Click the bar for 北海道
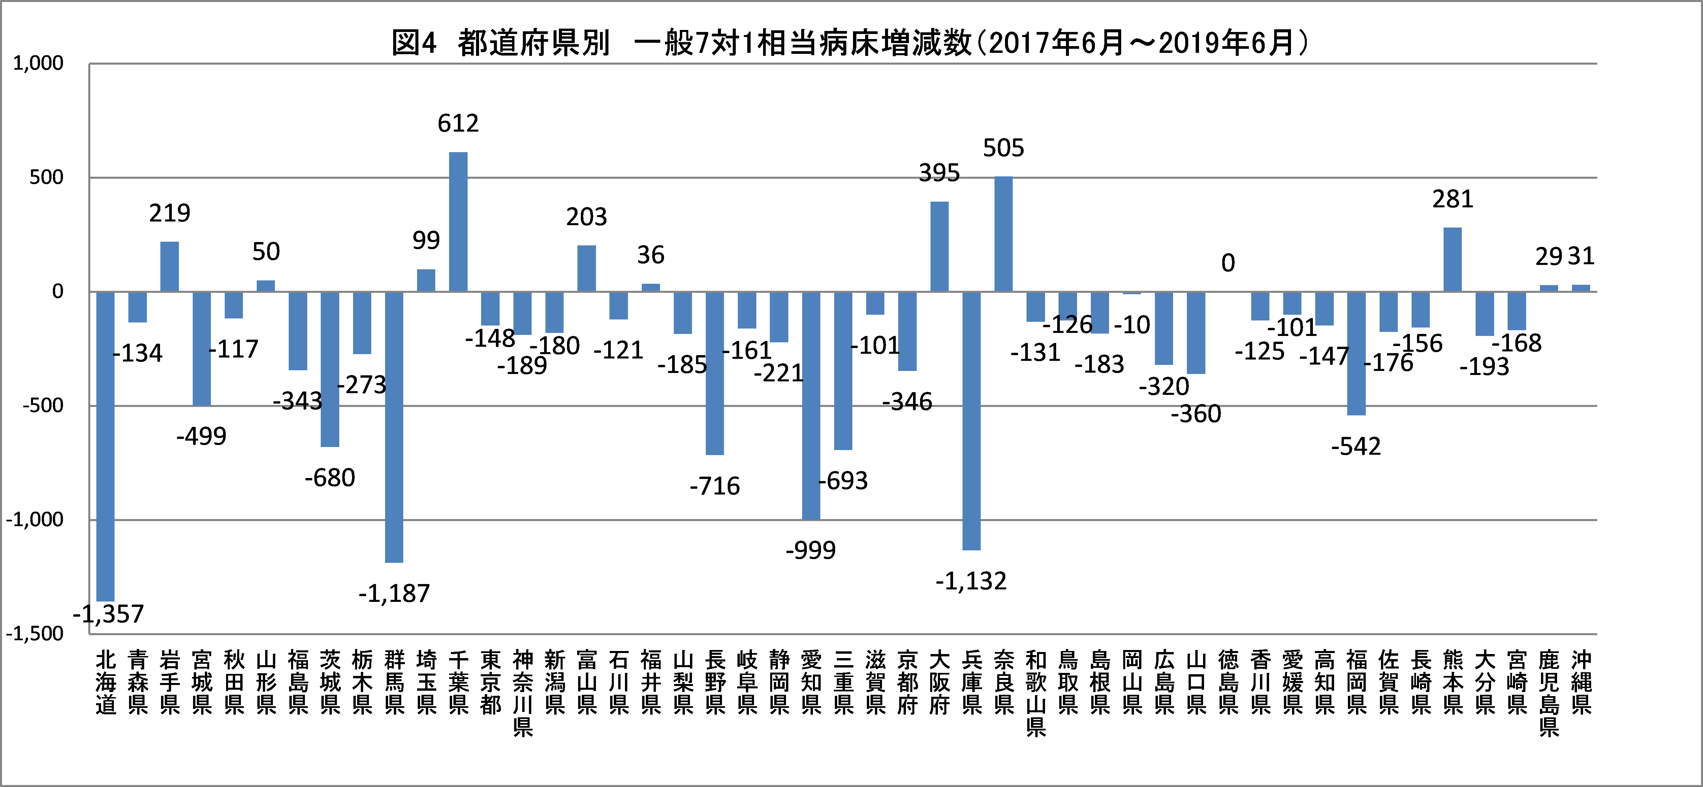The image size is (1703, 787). click(x=105, y=446)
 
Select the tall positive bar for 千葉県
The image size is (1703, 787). click(x=458, y=222)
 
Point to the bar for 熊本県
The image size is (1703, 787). click(x=1452, y=259)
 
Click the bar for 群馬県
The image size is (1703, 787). click(x=394, y=427)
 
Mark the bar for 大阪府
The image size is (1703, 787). click(x=939, y=246)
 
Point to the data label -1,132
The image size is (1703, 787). click(x=971, y=581)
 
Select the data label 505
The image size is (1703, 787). click(x=1004, y=148)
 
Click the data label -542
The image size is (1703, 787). click(x=1356, y=447)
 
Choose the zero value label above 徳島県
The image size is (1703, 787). click(x=1228, y=263)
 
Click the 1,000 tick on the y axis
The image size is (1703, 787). click(x=38, y=63)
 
